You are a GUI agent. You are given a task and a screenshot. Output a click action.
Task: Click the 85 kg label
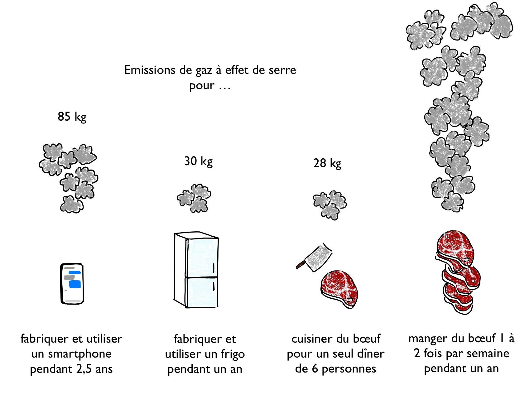pyautogui.click(x=72, y=117)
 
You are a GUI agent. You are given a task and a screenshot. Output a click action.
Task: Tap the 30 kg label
pyautogui.click(x=198, y=161)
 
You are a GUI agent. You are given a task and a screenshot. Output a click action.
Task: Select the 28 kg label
pyautogui.click(x=327, y=163)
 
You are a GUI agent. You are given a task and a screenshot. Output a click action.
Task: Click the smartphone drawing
pyautogui.click(x=72, y=283)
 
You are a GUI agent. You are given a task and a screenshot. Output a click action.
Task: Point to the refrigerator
pyautogui.click(x=196, y=270)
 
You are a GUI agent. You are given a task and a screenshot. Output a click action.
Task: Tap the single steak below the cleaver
pyautogui.click(x=339, y=289)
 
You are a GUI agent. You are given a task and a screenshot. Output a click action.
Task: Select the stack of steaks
pyautogui.click(x=457, y=272)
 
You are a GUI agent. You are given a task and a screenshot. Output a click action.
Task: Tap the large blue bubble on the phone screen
pyautogui.click(x=75, y=284)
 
